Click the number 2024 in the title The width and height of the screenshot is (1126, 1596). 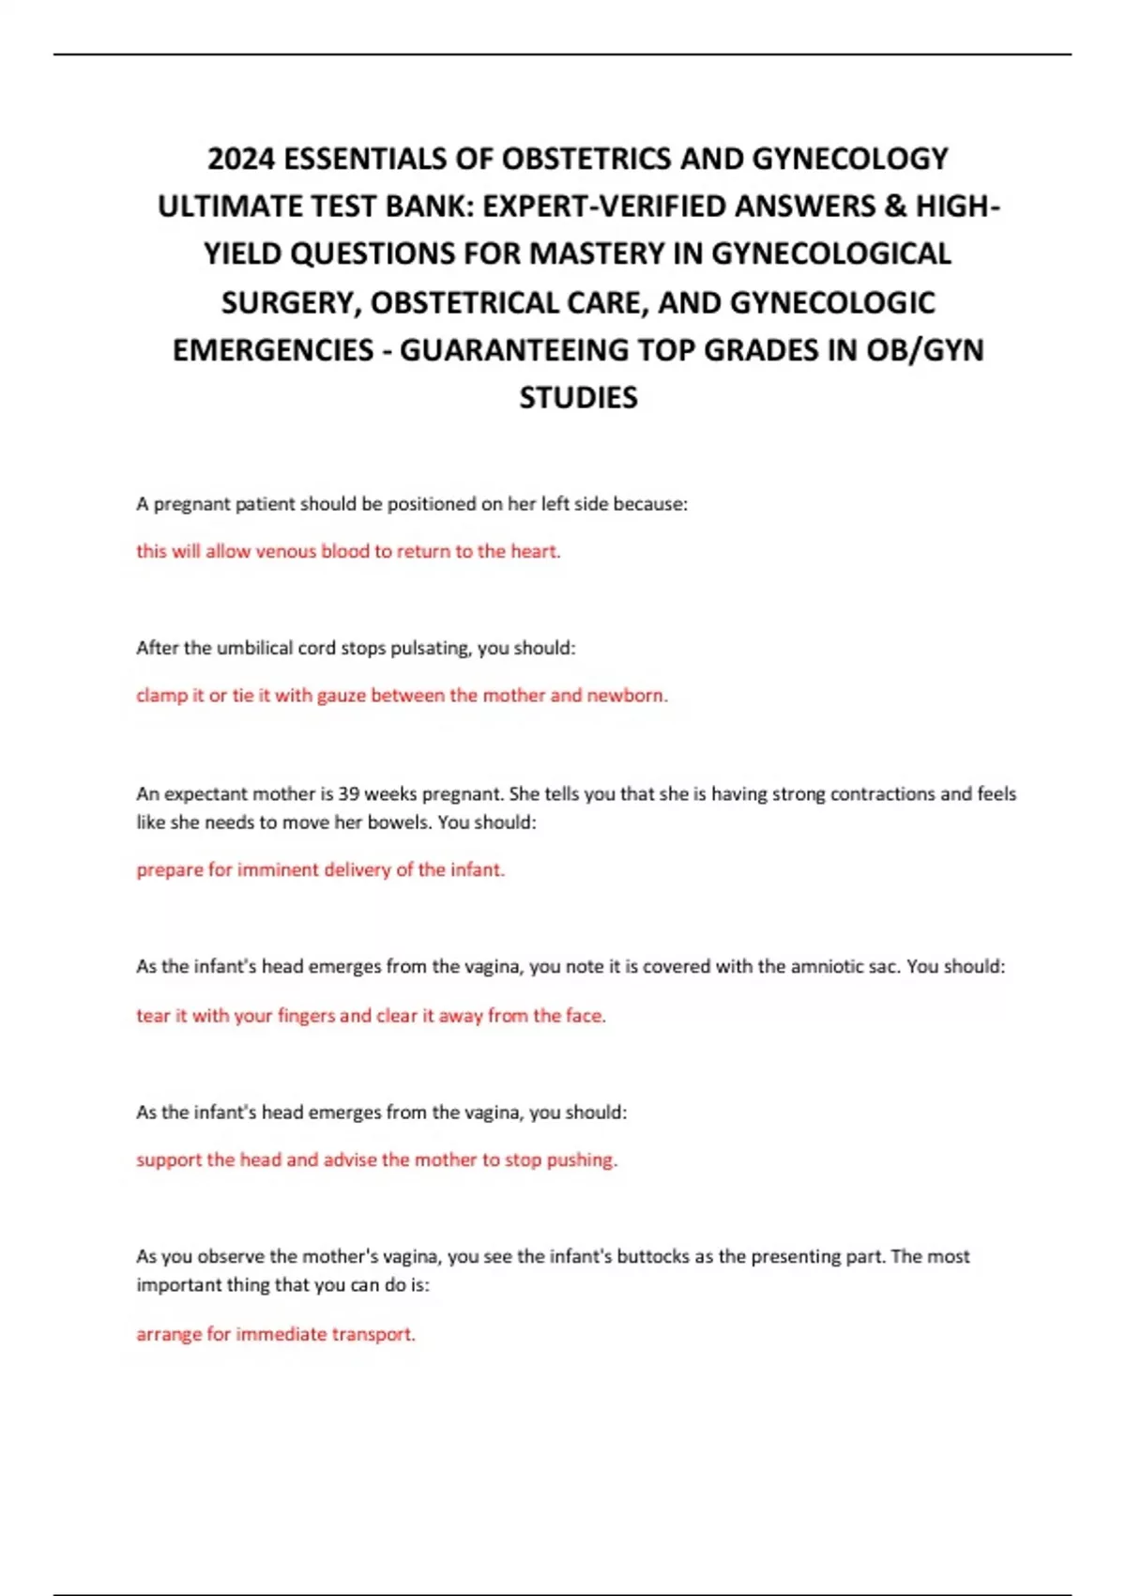point(241,158)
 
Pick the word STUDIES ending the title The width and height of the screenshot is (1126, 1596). point(578,397)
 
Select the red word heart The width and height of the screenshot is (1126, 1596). point(535,551)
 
